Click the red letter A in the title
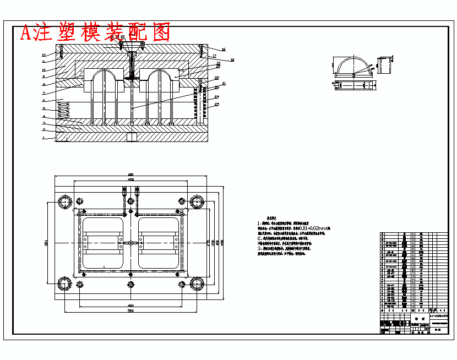pyautogui.click(x=26, y=33)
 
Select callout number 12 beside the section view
pyautogui.click(x=43, y=55)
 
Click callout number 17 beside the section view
pyautogui.click(x=214, y=56)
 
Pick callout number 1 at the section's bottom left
pyautogui.click(x=43, y=138)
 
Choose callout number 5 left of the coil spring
pyautogui.click(x=43, y=109)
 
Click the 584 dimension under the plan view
pyautogui.click(x=131, y=312)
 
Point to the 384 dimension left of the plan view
pyautogui.click(x=46, y=242)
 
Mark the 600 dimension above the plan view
pyautogui.click(x=131, y=175)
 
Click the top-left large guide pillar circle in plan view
pyautogui.click(x=66, y=200)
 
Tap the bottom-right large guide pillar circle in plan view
pyautogui.click(x=197, y=284)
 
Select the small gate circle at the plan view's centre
pyautogui.click(x=131, y=243)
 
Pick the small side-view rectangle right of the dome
pyautogui.click(x=384, y=64)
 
